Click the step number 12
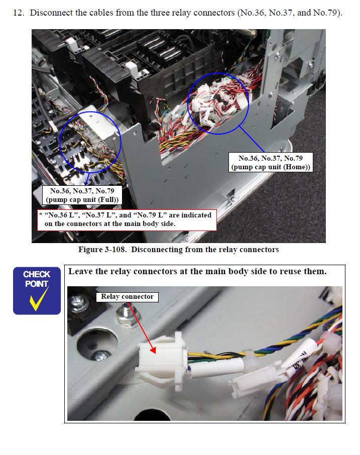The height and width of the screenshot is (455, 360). tap(19, 13)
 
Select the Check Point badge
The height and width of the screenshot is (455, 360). tap(37, 291)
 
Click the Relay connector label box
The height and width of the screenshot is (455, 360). tap(127, 297)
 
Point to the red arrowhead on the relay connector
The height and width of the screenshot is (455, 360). tap(153, 350)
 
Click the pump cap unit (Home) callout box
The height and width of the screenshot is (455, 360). tap(271, 163)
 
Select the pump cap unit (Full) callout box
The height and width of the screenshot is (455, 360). tap(82, 195)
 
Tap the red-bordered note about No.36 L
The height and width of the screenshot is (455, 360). tap(127, 220)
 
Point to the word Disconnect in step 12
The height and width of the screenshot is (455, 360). tap(51, 13)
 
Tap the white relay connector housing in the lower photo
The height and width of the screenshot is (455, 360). tap(161, 359)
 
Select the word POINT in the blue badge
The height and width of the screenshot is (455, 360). tap(37, 284)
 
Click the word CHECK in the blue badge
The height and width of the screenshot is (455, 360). tap(37, 274)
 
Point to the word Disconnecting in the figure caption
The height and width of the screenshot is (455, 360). tap(156, 250)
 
